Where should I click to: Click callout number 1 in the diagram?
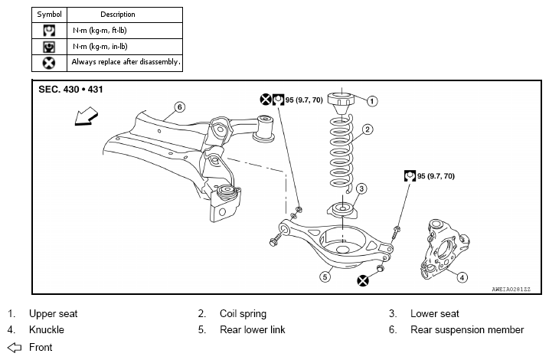pyautogui.click(x=372, y=101)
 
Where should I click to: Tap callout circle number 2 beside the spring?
pyautogui.click(x=368, y=129)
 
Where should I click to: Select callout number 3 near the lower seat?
pyautogui.click(x=361, y=188)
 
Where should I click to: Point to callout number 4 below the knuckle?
pyautogui.click(x=462, y=277)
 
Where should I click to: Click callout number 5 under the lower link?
pyautogui.click(x=325, y=277)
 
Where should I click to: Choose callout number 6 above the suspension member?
pyautogui.click(x=180, y=106)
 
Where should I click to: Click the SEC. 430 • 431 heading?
pyautogui.click(x=70, y=90)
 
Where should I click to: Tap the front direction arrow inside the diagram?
pyautogui.click(x=86, y=116)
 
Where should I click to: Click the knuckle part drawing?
pyautogui.click(x=445, y=249)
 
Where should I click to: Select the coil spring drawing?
pyautogui.click(x=341, y=154)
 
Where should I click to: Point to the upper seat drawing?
pyautogui.click(x=341, y=103)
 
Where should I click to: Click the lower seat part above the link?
pyautogui.click(x=342, y=211)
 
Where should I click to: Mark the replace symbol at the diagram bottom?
pyautogui.click(x=363, y=280)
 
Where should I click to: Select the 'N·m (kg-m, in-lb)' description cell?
pyautogui.click(x=125, y=47)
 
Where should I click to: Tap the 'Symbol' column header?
pyautogui.click(x=49, y=15)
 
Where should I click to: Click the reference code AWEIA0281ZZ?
pyautogui.click(x=511, y=290)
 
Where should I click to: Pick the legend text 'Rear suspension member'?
pyautogui.click(x=467, y=330)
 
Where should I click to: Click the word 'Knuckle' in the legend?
pyautogui.click(x=47, y=330)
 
